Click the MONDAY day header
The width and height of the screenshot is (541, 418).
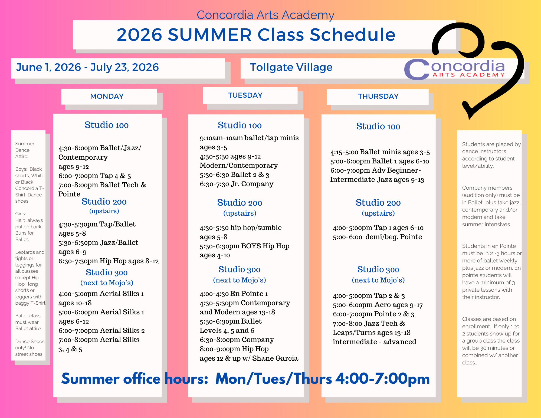point(107,96)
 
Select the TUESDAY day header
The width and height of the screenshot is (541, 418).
point(245,95)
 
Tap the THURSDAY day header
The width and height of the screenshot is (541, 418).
point(378,96)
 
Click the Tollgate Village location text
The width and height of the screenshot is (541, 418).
point(291,67)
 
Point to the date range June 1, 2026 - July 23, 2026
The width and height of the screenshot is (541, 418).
point(87,67)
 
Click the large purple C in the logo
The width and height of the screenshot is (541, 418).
point(417,70)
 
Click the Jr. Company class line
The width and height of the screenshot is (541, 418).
point(237,184)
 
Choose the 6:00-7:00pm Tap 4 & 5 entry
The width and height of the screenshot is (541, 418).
point(95,176)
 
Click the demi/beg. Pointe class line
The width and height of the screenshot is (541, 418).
point(378,237)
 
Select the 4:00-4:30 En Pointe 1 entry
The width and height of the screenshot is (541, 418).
point(234,294)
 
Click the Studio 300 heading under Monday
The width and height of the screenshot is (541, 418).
point(107,272)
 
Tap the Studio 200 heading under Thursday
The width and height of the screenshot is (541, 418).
point(378,203)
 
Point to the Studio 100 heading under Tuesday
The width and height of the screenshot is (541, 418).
point(240,125)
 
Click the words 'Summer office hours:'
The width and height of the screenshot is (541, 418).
point(135,378)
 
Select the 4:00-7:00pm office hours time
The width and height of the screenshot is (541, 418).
point(382,378)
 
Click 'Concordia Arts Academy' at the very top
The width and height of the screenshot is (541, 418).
point(265,15)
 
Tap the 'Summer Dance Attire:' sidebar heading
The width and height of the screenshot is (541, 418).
point(25,150)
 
